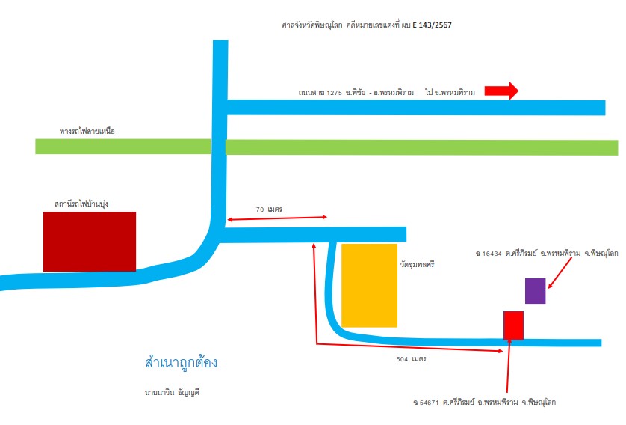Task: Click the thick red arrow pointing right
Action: pos(501,91)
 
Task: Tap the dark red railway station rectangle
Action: pos(90,242)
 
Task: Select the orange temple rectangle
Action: pos(369,286)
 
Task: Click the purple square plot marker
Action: pos(535,291)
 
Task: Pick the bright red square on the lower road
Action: pos(513,325)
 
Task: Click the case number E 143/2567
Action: pos(432,25)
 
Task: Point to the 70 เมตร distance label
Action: pos(269,210)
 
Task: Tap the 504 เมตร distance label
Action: pos(411,359)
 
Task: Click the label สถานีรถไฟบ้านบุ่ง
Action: pos(81,204)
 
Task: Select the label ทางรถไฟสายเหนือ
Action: pos(87,131)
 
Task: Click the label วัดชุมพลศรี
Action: pos(417,265)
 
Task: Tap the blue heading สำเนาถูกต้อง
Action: pos(182,363)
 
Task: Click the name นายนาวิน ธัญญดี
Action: pos(172,393)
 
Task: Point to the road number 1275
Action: pos(334,93)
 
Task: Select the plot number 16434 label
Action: pos(492,254)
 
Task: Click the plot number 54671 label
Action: pos(429,403)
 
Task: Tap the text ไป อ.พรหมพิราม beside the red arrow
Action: pos(450,92)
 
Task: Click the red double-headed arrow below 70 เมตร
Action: pos(277,218)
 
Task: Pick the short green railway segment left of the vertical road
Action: pos(123,147)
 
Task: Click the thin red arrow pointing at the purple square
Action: pos(560,272)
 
